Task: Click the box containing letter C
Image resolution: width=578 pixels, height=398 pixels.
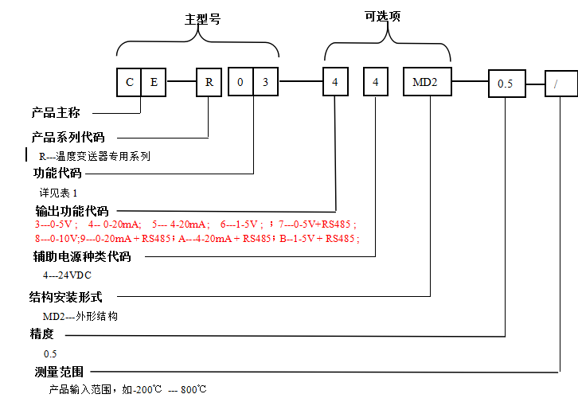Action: point(129,82)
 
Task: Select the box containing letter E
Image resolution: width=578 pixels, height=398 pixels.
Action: point(154,82)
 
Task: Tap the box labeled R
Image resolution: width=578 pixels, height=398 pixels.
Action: point(209,82)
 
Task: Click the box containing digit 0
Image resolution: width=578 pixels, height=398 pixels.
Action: point(240,82)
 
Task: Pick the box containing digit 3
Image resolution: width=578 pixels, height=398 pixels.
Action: point(266,82)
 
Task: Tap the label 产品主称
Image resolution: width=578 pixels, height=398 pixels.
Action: point(55,112)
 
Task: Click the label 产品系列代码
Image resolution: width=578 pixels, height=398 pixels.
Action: point(68,137)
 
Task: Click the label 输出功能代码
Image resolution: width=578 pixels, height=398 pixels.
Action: point(72,211)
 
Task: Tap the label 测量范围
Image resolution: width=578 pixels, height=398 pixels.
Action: point(58,372)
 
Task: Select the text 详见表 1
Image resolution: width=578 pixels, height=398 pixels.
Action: point(59,193)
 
